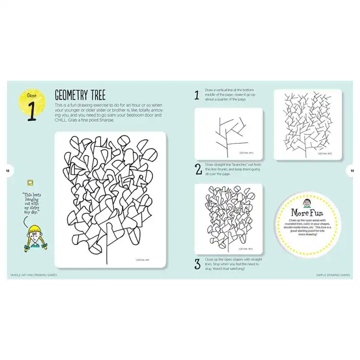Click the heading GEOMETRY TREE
(80, 95)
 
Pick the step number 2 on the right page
(198, 169)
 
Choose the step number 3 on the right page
(197, 264)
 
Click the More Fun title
(306, 212)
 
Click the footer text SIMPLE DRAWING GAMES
(333, 275)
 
